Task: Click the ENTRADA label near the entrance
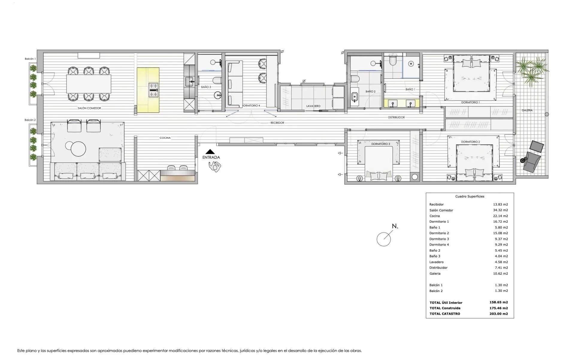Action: click(x=211, y=157)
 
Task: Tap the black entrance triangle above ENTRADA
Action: click(x=210, y=152)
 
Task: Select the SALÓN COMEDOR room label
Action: click(x=89, y=108)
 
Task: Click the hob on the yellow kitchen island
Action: click(x=153, y=90)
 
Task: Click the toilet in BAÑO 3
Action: click(x=217, y=80)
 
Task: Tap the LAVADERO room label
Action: click(x=313, y=106)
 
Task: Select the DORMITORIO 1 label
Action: click(x=470, y=102)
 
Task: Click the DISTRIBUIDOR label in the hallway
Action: click(x=396, y=117)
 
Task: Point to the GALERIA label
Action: click(x=527, y=110)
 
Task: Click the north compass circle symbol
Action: click(x=384, y=239)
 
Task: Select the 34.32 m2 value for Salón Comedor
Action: click(x=500, y=210)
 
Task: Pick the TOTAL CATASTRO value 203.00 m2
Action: click(x=499, y=314)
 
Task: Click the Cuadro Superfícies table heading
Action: click(x=470, y=196)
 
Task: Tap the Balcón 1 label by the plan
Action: click(x=30, y=59)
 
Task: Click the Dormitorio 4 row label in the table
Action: click(x=439, y=245)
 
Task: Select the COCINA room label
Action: click(x=165, y=138)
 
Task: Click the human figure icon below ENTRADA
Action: click(x=215, y=167)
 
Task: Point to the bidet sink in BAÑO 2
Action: click(x=355, y=97)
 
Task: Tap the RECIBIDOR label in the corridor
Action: click(x=277, y=123)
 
